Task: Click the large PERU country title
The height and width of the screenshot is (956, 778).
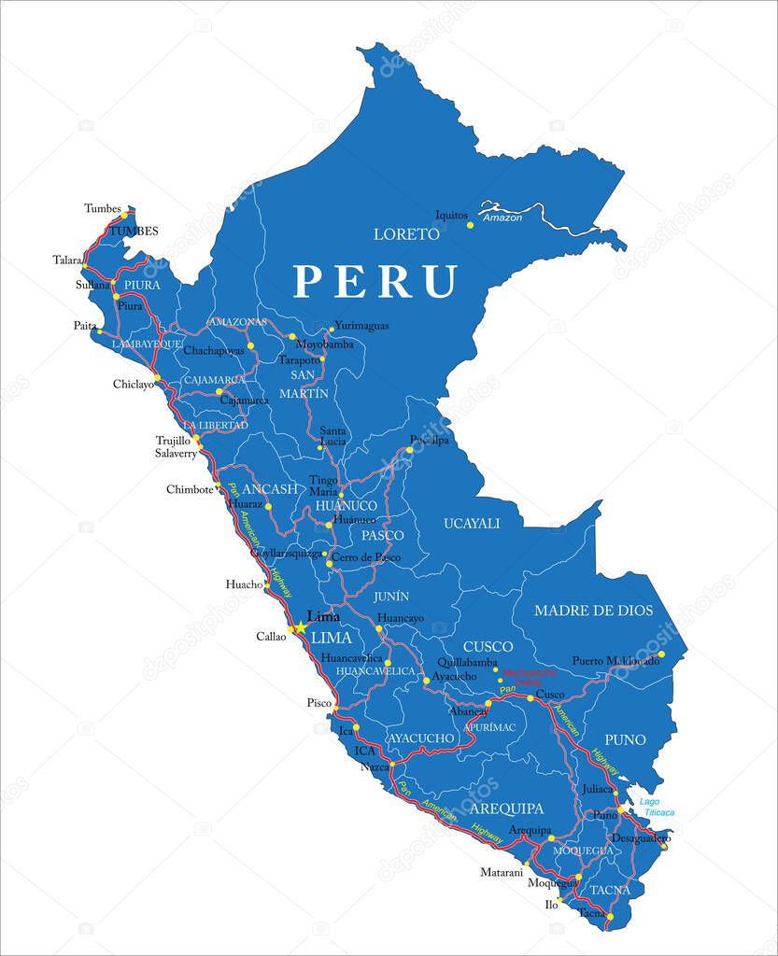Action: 375,281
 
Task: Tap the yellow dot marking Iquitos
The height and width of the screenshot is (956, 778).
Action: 471,225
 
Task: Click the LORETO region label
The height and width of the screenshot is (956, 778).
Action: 406,233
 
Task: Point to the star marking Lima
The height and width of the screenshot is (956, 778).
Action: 301,628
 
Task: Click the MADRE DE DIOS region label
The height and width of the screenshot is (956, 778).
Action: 593,611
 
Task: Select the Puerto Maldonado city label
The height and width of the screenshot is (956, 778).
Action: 615,660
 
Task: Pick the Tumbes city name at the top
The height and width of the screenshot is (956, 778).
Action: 102,207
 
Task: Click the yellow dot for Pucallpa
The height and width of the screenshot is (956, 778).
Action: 409,451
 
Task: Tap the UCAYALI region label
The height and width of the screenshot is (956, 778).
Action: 472,523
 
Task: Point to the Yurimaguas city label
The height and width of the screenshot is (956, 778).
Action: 361,326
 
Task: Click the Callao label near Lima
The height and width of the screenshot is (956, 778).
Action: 272,637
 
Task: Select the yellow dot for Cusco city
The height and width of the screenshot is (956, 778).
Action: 530,697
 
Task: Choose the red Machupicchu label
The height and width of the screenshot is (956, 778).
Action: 529,675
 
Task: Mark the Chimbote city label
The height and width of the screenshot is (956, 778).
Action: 190,489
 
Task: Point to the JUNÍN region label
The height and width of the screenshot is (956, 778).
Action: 391,596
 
